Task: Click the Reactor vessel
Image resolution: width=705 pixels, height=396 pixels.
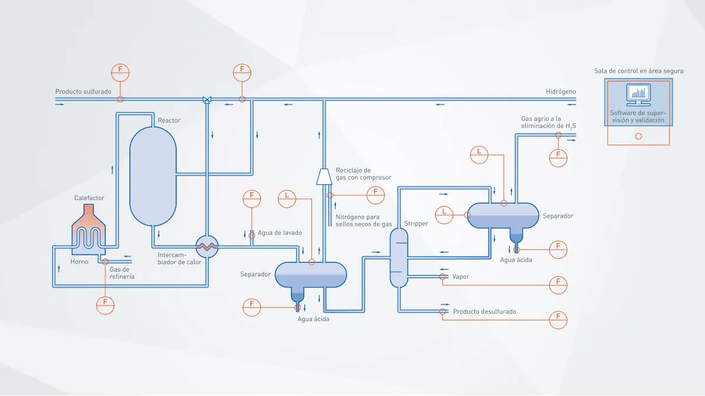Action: click(x=153, y=176)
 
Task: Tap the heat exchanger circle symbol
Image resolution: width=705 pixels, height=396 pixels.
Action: click(x=207, y=247)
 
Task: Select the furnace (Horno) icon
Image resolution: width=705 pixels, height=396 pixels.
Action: click(x=89, y=229)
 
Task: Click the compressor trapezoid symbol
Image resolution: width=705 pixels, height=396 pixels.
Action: click(x=324, y=177)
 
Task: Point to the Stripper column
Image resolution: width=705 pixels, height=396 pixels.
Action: click(x=399, y=258)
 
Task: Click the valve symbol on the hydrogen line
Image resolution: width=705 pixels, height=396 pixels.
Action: click(x=207, y=100)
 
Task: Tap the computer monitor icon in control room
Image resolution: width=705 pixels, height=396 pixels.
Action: click(x=638, y=95)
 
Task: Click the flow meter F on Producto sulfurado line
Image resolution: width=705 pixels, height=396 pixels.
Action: click(x=120, y=73)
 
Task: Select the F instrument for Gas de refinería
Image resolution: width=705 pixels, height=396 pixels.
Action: click(x=105, y=305)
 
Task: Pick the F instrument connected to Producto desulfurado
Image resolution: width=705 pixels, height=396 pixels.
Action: click(x=558, y=320)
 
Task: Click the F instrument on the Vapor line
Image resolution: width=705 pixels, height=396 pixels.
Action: click(x=558, y=285)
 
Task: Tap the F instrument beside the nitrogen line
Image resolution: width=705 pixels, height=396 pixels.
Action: click(x=375, y=195)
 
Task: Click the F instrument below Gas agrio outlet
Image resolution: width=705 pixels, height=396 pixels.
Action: click(x=558, y=158)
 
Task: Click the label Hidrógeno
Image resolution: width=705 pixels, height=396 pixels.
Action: click(x=560, y=92)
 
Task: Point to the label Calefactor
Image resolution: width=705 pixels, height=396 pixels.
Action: click(x=89, y=198)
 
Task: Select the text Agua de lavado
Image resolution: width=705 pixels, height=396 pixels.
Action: click(x=280, y=232)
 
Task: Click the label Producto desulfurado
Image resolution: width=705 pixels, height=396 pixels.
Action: click(x=484, y=312)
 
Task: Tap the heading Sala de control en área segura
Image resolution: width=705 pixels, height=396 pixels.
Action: click(x=639, y=71)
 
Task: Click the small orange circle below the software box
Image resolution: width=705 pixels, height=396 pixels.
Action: click(x=638, y=136)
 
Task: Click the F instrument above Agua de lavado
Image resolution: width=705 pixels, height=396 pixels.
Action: click(x=251, y=199)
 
